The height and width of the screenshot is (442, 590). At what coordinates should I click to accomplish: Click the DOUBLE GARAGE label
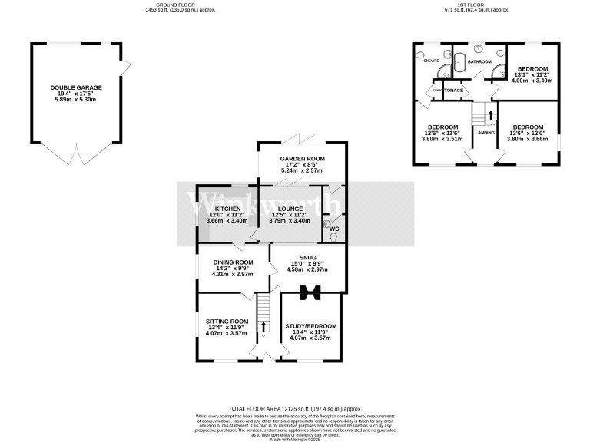point(76,87)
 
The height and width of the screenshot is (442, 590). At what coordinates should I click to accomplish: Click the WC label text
point(334,229)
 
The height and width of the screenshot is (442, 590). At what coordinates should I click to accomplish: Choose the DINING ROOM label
point(232,262)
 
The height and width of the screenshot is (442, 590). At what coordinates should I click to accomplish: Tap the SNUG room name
point(307,257)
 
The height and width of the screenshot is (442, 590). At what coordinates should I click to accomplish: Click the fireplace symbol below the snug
point(311,292)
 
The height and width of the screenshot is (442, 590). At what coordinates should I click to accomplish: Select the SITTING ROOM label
point(227,321)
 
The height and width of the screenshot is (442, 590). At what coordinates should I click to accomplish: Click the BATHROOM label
point(479,61)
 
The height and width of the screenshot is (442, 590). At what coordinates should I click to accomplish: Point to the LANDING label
point(485,133)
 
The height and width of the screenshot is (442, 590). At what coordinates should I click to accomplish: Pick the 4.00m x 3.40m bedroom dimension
point(532,81)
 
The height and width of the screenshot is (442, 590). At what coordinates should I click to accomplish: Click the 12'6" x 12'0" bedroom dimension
point(528,133)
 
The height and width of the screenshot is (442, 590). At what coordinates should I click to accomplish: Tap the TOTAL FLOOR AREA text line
point(295,410)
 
